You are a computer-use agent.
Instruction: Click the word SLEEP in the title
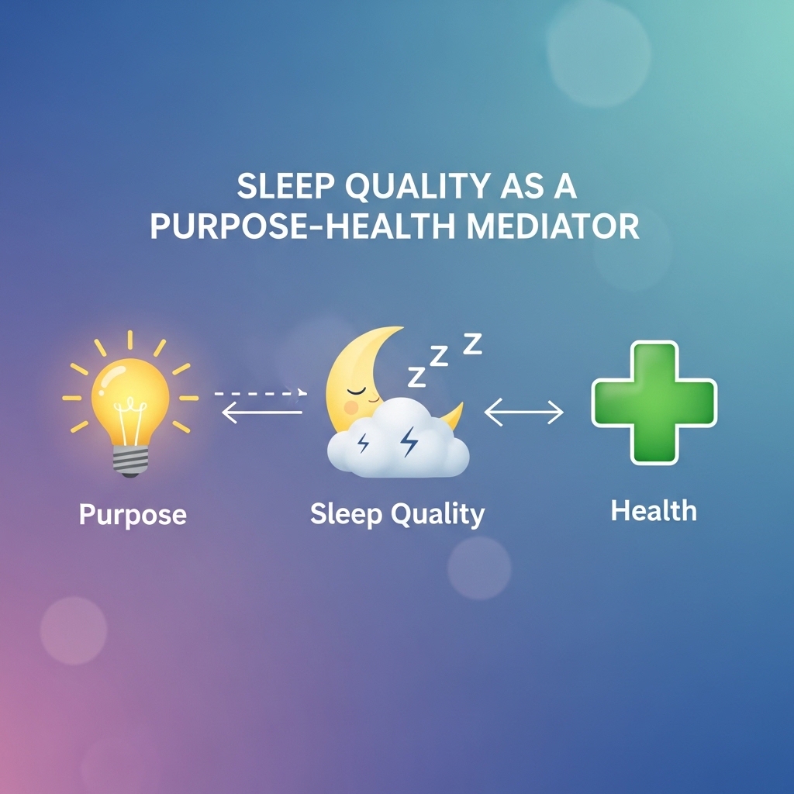(285, 186)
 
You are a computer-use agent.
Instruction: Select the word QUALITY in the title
(417, 186)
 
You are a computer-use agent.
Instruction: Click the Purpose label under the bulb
(133, 515)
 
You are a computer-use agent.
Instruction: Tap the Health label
(654, 510)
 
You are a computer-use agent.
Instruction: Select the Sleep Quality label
(398, 515)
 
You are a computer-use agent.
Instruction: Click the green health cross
(654, 402)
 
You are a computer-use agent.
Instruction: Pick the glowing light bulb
(130, 405)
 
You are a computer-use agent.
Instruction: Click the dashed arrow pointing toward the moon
(261, 393)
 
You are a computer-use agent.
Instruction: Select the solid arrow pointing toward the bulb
(262, 413)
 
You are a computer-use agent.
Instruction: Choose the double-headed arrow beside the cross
(523, 413)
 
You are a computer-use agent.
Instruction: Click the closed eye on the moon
(356, 391)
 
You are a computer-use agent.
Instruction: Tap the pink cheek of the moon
(351, 407)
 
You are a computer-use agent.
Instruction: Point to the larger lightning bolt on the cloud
(409, 441)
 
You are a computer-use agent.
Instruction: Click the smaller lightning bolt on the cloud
(363, 444)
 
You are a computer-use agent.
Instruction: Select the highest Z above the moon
(473, 343)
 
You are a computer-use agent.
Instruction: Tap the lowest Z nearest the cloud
(416, 377)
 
